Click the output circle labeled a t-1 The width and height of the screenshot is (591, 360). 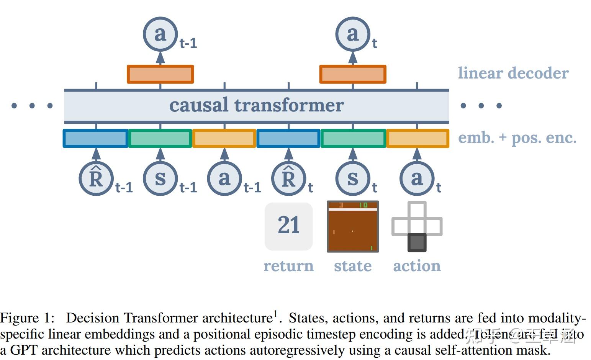coord(160,34)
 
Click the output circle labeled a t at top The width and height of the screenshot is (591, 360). coord(353,34)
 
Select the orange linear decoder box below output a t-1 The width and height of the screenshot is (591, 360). coord(160,74)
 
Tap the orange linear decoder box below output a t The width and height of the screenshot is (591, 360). coord(353,74)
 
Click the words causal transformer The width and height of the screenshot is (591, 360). coord(256,105)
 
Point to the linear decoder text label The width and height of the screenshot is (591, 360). coord(513,73)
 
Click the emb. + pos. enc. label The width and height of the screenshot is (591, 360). coord(517,138)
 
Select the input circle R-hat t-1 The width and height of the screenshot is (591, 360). coord(96,178)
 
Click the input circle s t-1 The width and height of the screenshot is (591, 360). coord(160,178)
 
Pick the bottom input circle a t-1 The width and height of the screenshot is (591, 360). coord(224,178)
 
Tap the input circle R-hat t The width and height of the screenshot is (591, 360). coord(289,178)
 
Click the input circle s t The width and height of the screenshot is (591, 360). coord(353,178)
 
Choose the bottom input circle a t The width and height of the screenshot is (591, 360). coord(417,178)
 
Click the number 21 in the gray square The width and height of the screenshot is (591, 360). coord(289,225)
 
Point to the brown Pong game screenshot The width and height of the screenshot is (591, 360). coord(353,227)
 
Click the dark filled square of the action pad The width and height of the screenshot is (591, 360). coord(417,242)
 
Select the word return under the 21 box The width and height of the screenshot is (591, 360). coord(289,266)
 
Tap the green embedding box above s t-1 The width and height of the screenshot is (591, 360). coord(160,139)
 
